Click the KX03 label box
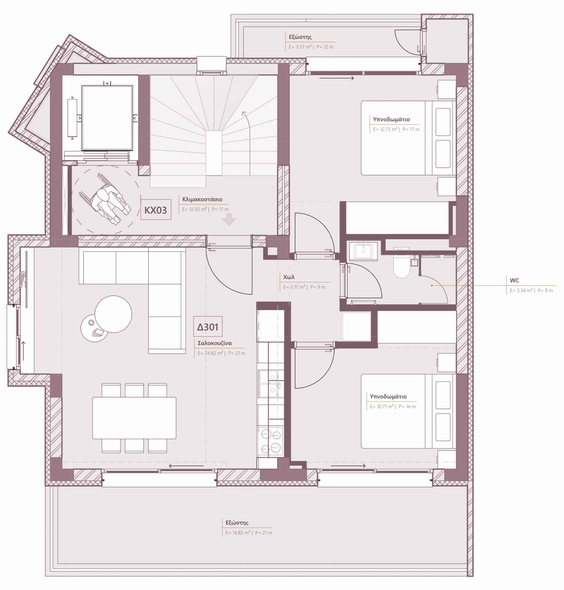click(x=156, y=209)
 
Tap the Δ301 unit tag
click(x=208, y=326)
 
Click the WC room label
click(x=514, y=280)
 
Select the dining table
click(x=134, y=418)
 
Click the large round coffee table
click(x=113, y=314)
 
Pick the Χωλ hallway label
click(x=289, y=277)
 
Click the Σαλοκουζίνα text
click(x=215, y=343)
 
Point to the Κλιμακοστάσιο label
click(x=202, y=199)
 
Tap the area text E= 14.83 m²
click(x=238, y=533)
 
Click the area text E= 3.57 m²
click(x=300, y=47)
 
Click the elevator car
click(x=107, y=118)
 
